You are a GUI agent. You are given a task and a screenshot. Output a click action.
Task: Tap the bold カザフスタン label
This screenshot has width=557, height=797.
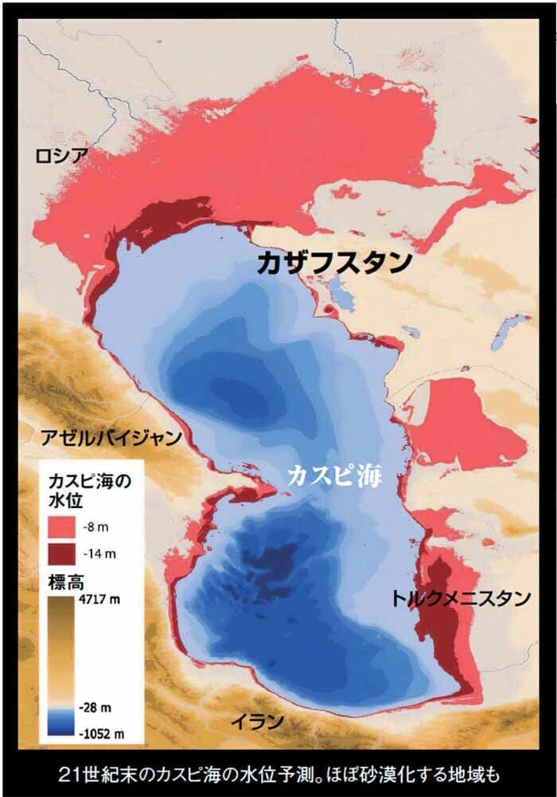coord(334,264)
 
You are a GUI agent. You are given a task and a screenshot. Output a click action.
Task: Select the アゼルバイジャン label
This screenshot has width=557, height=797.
coord(111,437)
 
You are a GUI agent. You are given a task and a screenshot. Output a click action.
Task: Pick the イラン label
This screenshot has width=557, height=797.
coord(257,721)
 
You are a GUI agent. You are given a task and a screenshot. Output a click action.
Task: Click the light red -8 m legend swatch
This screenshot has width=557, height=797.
coord(63,525)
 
